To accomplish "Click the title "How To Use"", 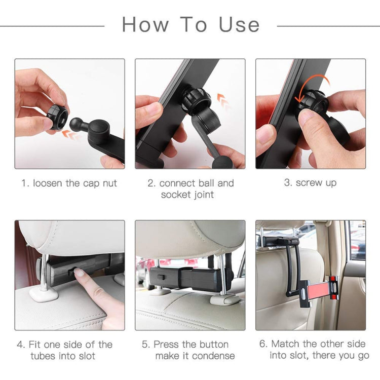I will [x=191, y=24].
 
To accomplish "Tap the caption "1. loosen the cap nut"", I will [x=69, y=183].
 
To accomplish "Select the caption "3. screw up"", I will [x=310, y=183].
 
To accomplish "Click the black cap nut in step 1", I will [x=57, y=117].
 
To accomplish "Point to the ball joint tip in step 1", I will [x=78, y=124].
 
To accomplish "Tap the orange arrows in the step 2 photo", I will [x=223, y=102].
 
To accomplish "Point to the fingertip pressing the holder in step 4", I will [x=79, y=273].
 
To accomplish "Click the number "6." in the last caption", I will [x=263, y=344].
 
